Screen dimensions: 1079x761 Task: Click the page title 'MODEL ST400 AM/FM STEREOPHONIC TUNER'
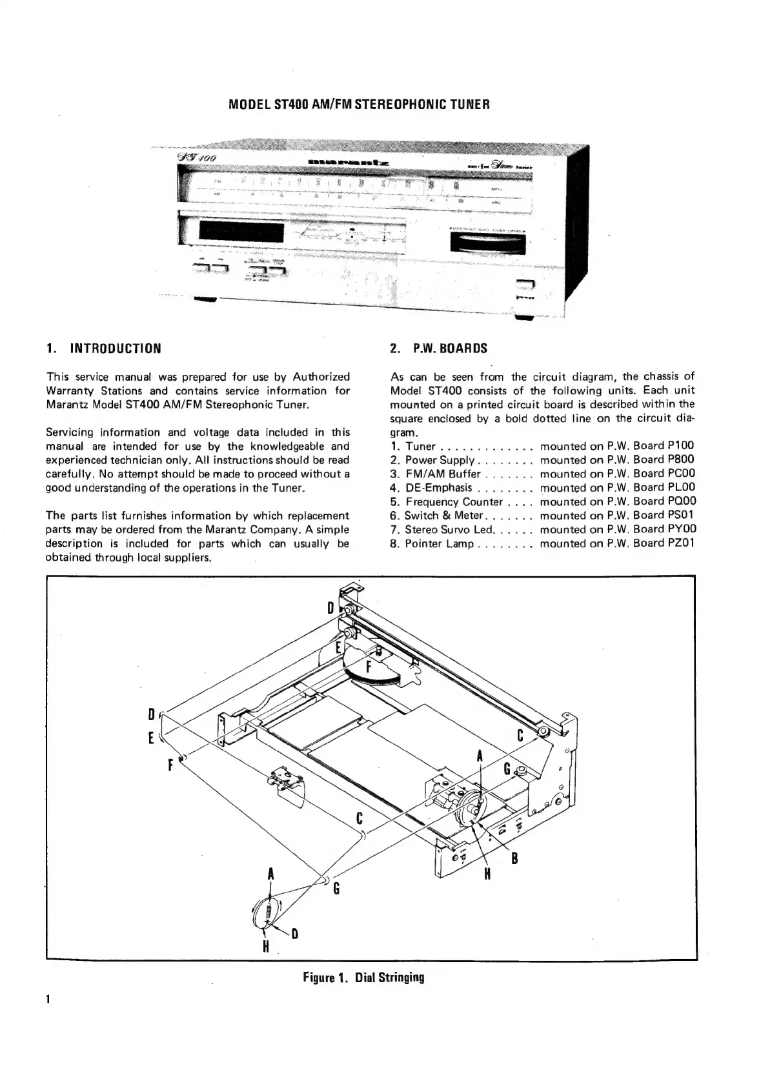coord(360,104)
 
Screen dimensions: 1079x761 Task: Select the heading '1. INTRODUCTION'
coord(103,348)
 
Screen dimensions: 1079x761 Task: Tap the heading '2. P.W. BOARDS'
coord(439,348)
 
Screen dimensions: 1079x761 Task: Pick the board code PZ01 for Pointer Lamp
coord(681,543)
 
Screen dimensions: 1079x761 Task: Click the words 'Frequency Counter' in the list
coord(454,501)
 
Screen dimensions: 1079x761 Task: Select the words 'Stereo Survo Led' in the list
coord(449,529)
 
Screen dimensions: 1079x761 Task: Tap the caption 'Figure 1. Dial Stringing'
coord(363,977)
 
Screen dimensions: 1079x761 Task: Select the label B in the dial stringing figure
coord(515,858)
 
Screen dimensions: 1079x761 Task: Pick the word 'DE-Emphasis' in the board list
coord(439,488)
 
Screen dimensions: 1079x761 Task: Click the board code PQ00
coord(681,501)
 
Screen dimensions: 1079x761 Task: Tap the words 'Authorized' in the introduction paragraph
coord(321,377)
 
